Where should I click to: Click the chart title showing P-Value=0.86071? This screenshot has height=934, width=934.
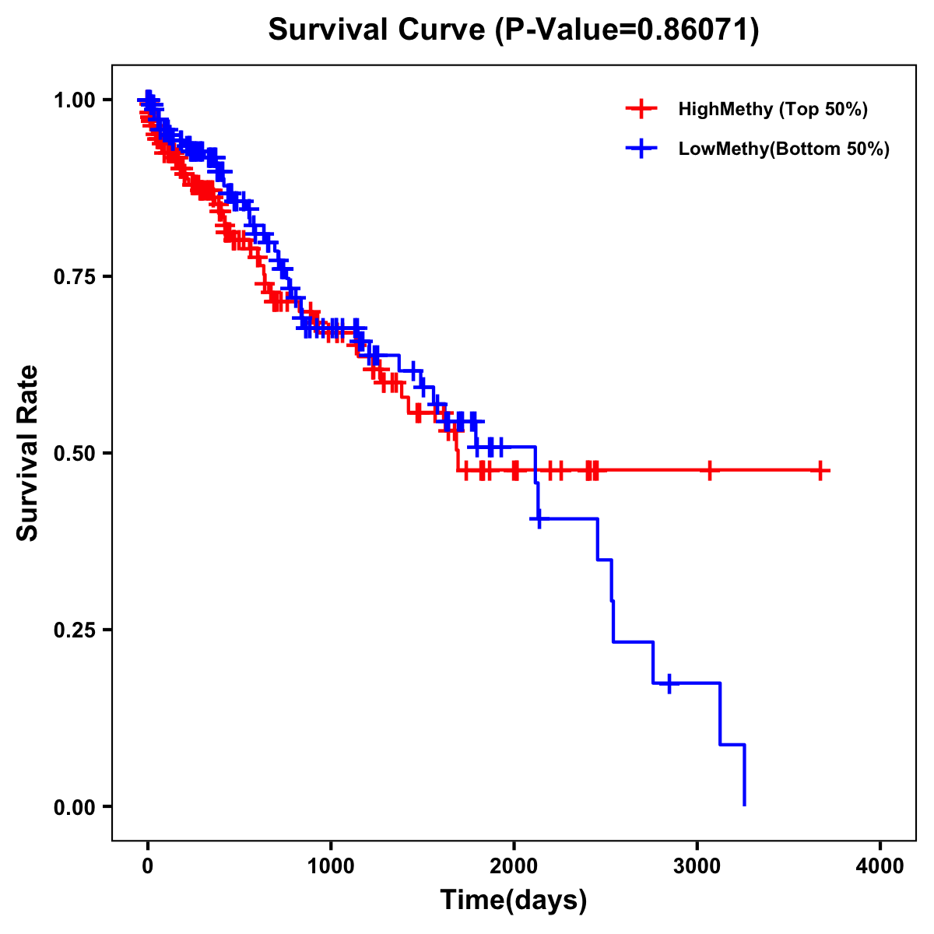tap(514, 30)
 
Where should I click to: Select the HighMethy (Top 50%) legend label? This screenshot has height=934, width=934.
tap(773, 109)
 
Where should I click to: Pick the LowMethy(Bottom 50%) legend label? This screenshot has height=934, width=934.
tap(784, 149)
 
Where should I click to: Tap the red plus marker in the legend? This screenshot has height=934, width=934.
tap(641, 109)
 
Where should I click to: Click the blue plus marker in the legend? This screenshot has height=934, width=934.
tap(641, 149)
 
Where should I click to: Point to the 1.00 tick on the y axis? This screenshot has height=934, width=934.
tap(74, 100)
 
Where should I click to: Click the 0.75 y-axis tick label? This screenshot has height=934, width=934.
tap(74, 276)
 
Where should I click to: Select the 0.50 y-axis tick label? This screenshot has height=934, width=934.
tap(74, 453)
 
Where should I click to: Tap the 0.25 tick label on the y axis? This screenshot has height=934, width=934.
tap(74, 630)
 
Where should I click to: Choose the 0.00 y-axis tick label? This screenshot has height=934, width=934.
tap(74, 806)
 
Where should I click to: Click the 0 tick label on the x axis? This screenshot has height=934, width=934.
tap(148, 866)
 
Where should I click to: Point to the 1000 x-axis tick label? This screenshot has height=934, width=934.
tap(331, 866)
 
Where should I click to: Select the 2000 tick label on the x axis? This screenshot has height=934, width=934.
tap(514, 866)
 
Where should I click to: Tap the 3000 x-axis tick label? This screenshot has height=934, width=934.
tap(697, 866)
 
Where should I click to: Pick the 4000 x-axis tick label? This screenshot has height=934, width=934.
tap(880, 866)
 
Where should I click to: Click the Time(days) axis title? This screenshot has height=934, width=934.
tap(514, 901)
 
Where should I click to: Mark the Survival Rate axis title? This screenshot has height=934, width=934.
tap(29, 453)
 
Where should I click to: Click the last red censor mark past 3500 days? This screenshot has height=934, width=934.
tap(820, 470)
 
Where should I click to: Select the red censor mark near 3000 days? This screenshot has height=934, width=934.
tap(709, 470)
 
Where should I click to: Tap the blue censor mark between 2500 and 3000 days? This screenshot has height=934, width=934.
tap(669, 683)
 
